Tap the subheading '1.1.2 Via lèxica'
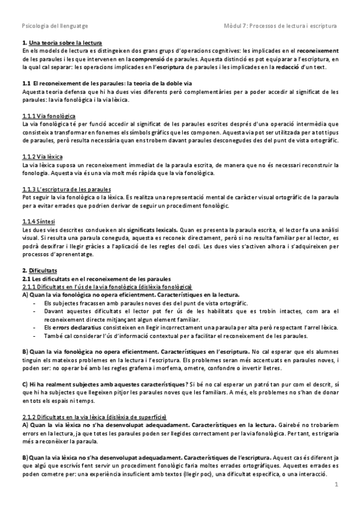[x=40, y=156]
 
